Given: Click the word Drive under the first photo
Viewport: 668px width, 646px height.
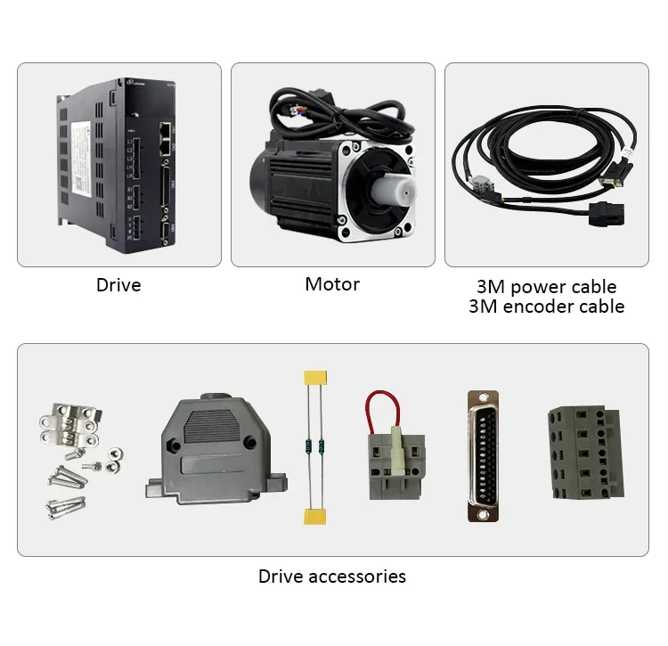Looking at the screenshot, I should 118,286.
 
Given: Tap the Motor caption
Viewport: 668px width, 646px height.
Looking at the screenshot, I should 332,285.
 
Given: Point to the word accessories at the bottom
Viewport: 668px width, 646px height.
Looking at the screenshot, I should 357,576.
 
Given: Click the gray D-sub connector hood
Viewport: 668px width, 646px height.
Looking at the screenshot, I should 214,450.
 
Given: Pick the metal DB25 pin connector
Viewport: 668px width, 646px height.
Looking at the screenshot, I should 482,456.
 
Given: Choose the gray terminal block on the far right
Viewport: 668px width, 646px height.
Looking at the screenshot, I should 584,452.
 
